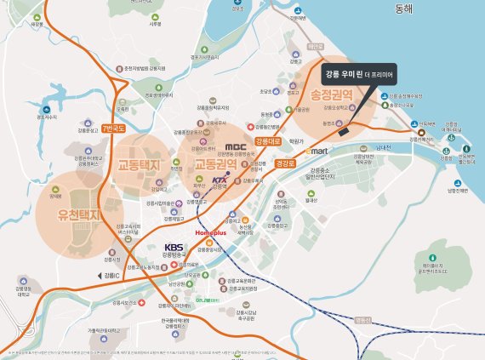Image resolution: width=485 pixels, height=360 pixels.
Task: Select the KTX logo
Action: click(x=220, y=181)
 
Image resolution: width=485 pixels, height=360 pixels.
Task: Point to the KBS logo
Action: click(x=174, y=248)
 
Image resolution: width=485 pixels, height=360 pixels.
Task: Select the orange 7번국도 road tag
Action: click(x=112, y=129)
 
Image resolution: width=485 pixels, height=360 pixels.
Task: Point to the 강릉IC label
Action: click(x=111, y=276)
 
